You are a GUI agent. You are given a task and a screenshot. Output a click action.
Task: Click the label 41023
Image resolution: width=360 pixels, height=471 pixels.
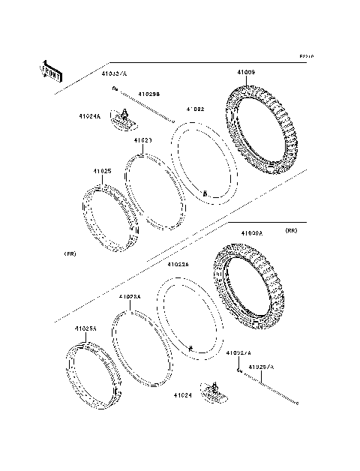coord(144,140)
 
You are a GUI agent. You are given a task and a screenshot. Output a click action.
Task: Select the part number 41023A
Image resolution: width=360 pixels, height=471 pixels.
coord(130,296)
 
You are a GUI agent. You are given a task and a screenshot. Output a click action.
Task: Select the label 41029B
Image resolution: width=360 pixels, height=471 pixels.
coord(148,94)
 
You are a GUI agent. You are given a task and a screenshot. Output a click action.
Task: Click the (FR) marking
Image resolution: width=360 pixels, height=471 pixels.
coord(70,255)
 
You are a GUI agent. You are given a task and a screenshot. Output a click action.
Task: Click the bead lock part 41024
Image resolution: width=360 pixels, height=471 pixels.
coord(217,388)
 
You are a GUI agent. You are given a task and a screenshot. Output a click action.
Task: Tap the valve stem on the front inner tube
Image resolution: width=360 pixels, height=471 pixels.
coord(205,193)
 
